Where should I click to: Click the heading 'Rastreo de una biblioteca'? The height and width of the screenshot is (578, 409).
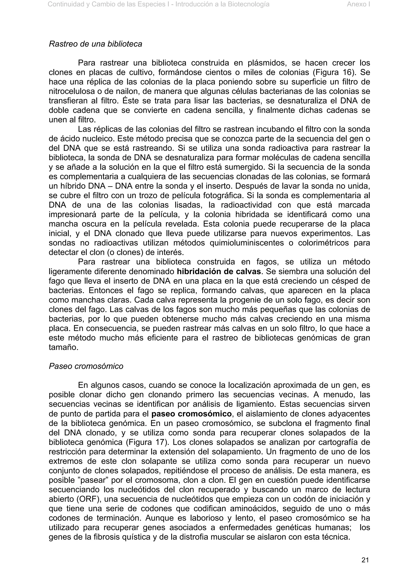(x=95, y=44)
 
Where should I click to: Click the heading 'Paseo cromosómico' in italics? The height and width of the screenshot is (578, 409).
(x=86, y=366)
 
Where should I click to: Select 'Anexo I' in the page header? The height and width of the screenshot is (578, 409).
(x=358, y=4)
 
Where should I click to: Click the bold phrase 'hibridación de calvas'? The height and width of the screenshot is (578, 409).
(x=219, y=272)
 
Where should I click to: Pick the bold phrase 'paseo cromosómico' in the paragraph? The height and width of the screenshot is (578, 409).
(x=192, y=414)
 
